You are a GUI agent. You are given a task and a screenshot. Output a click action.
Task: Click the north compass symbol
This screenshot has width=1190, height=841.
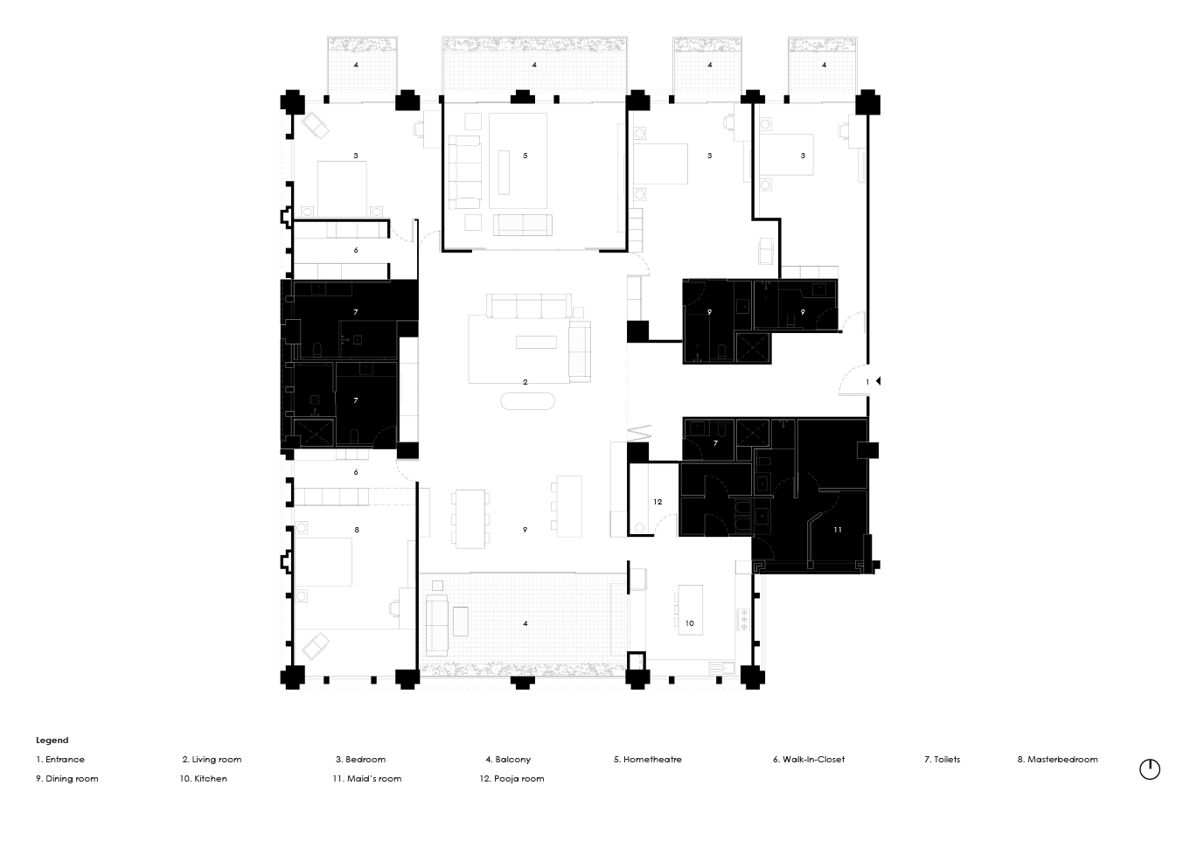(x=1150, y=769)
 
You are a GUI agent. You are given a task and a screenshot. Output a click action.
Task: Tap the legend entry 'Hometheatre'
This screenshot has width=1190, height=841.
(x=648, y=760)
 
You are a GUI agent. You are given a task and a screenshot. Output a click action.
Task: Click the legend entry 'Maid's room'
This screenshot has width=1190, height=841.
(x=367, y=779)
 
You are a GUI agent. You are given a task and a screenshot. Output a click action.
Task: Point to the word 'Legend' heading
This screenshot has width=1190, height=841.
(x=52, y=740)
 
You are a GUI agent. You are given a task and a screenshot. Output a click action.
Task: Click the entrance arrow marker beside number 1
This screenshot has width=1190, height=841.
(x=877, y=381)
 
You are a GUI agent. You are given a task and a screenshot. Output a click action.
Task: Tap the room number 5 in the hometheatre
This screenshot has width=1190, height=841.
(x=525, y=156)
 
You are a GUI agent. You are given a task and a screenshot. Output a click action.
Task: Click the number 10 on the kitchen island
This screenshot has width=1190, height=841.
(x=689, y=623)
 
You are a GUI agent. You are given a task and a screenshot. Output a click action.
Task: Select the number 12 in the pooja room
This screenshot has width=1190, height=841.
(x=658, y=502)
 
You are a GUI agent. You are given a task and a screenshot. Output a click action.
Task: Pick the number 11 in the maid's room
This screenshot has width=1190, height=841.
(x=837, y=530)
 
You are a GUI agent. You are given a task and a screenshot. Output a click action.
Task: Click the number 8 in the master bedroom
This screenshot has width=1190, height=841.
(x=357, y=530)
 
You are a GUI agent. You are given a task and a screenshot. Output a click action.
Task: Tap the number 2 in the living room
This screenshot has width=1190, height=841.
(x=525, y=382)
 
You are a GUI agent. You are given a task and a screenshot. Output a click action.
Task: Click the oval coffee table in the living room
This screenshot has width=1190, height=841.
(x=527, y=401)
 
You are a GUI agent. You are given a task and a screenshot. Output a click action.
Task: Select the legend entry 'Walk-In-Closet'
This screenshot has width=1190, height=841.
(x=809, y=760)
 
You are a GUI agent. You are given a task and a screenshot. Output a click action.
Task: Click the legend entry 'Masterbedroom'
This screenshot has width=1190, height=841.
(x=1057, y=760)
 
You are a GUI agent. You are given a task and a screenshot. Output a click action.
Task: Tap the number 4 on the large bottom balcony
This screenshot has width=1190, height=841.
(x=525, y=623)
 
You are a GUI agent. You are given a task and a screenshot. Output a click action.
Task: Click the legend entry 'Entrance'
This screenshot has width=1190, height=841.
(x=60, y=760)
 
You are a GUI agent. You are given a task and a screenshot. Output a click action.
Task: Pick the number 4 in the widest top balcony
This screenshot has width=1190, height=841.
(x=534, y=65)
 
